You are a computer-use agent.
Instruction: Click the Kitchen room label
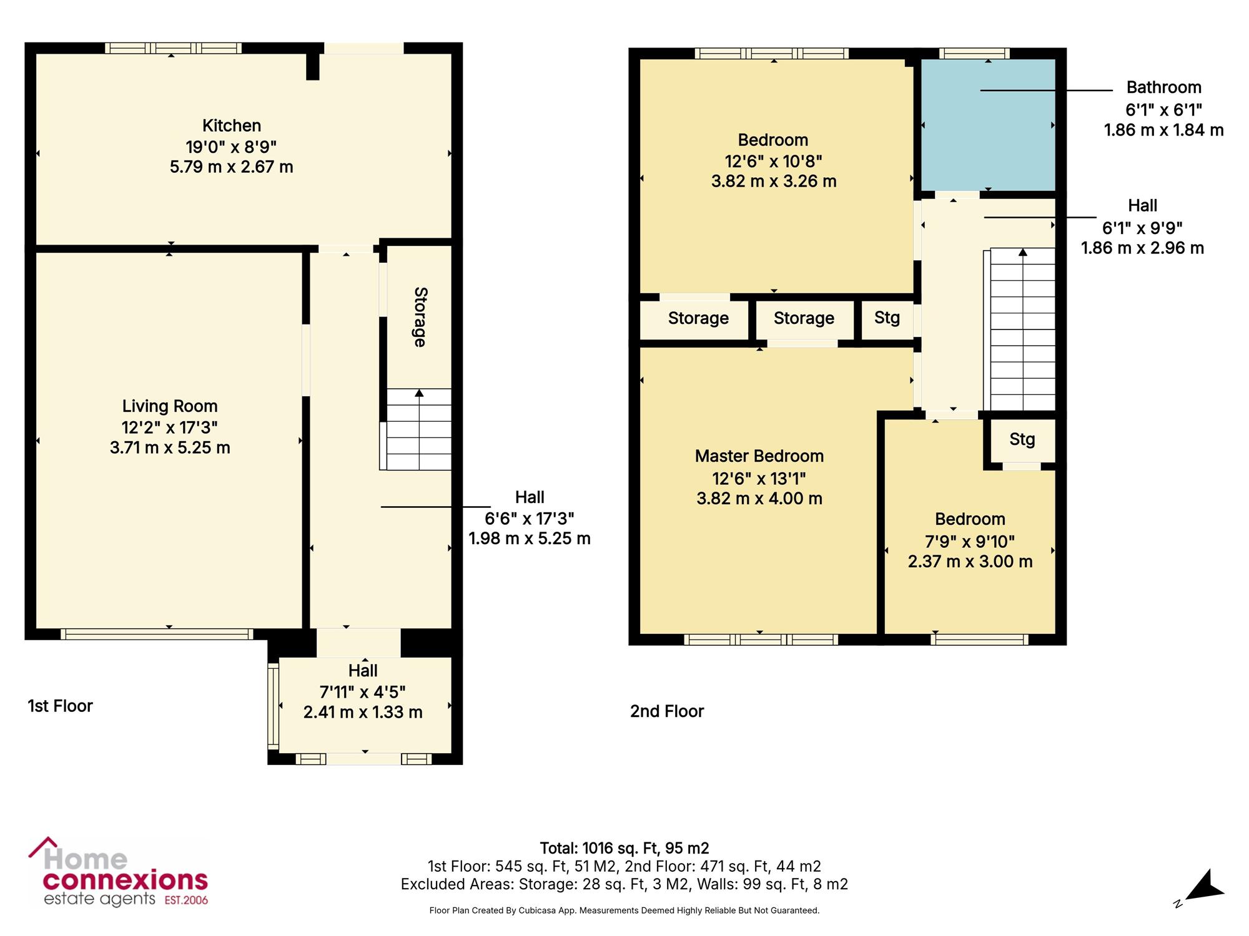[232, 125]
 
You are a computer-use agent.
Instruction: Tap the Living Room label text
[170, 406]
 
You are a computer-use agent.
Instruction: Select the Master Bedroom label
[759, 456]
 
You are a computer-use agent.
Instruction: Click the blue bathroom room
[988, 125]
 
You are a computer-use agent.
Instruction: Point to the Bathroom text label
[1164, 87]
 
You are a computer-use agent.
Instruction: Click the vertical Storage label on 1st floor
[420, 317]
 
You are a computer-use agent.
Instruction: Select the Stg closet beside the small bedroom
[1022, 440]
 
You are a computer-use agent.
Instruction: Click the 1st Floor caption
[60, 706]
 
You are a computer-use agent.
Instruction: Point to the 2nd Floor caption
[667, 711]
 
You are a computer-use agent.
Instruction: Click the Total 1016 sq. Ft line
[624, 848]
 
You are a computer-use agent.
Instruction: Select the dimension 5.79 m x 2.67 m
[232, 167]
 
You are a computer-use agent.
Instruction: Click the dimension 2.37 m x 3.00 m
[970, 562]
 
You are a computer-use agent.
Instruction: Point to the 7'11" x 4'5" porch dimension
[363, 692]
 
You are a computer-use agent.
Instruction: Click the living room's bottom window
[157, 634]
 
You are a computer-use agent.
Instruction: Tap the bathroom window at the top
[974, 54]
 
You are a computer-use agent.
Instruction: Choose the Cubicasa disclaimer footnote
[624, 910]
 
